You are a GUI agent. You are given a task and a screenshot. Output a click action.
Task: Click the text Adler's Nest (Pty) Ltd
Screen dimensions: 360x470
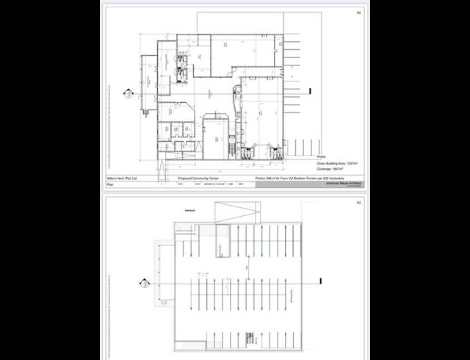pyautogui.click(x=121, y=178)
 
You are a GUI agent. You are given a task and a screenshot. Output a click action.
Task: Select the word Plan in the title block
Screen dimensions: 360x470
pyautogui.click(x=111, y=185)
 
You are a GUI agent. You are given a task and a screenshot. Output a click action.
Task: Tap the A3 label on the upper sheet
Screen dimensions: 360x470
pyautogui.click(x=358, y=12)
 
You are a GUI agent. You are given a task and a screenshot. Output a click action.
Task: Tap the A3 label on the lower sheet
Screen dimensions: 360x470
pyautogui.click(x=358, y=202)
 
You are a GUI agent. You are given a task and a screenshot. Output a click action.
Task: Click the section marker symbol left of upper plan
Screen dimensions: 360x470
pyautogui.click(x=126, y=94)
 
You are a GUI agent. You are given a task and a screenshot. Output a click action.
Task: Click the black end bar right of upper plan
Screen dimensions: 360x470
pyautogui.click(x=312, y=91)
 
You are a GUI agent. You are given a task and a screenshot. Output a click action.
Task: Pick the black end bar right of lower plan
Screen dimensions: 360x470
pyautogui.click(x=321, y=280)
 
